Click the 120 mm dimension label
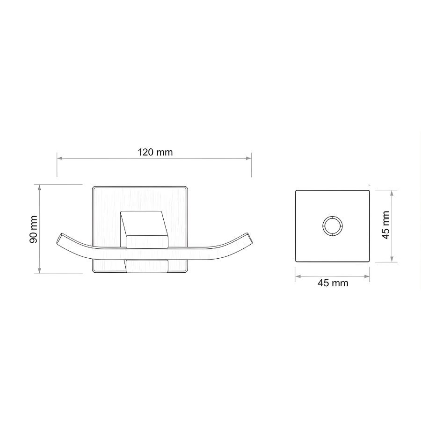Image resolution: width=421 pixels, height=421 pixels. point(155,152)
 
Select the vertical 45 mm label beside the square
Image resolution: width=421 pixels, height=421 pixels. point(386,225)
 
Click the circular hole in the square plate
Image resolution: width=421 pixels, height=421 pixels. point(332,225)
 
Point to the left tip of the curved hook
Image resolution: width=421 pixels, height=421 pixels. point(58,236)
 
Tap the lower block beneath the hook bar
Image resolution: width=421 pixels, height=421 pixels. point(146,265)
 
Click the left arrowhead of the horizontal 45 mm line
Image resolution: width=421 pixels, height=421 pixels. point(297,276)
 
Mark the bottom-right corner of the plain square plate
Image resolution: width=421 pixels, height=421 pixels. point(369,261)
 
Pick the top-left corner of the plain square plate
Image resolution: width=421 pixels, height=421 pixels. point(296,190)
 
